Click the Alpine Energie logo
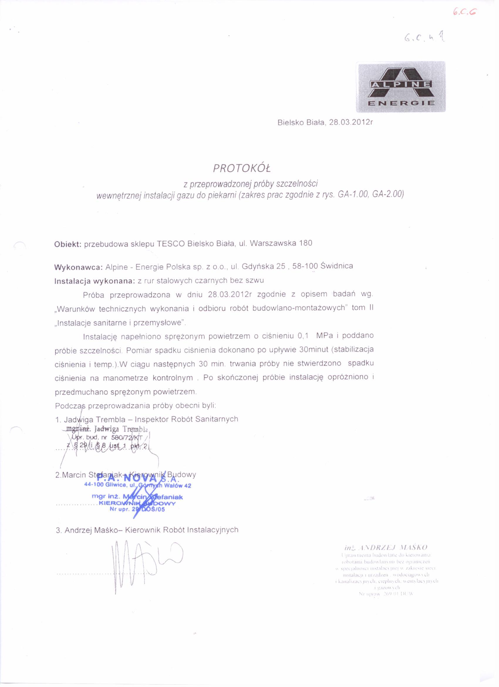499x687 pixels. pyautogui.click(x=400, y=87)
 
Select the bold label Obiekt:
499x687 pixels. pyautogui.click(x=67, y=244)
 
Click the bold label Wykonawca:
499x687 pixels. pyautogui.click(x=79, y=267)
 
